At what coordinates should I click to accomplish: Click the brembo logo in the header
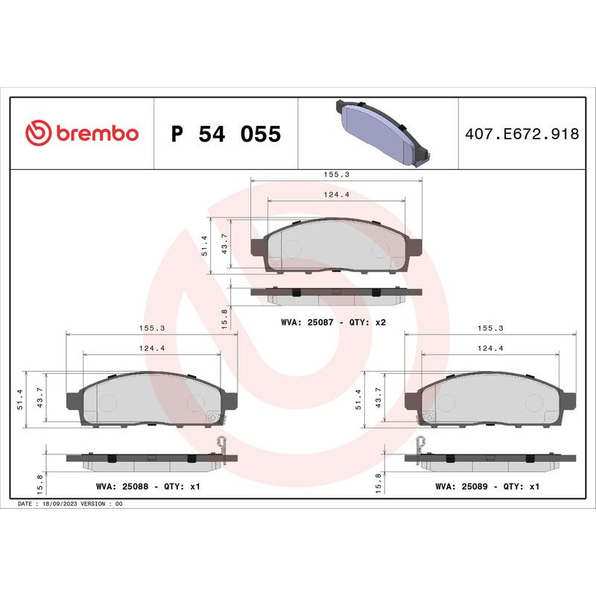82,133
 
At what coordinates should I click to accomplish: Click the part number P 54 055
226,134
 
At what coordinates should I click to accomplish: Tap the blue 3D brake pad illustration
380,131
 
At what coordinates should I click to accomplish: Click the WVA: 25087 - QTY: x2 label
332,323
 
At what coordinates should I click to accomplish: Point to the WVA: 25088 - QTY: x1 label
148,486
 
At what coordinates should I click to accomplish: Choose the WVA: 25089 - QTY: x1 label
487,486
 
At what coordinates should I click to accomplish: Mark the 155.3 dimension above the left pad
151,327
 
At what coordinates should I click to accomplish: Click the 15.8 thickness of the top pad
224,316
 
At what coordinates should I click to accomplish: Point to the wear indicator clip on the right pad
419,447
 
